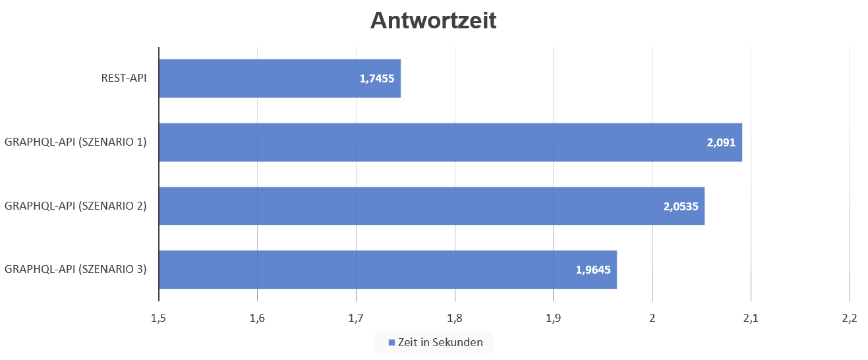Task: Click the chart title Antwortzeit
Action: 433,20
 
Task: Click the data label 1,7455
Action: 377,78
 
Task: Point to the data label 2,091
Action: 720,142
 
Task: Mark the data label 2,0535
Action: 680,206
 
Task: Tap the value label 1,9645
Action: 593,270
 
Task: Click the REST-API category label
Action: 124,78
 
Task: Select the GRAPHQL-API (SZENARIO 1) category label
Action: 75,142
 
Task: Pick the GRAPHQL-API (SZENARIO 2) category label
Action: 75,206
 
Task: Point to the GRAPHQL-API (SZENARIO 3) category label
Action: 75,269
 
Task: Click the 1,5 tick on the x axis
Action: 158,318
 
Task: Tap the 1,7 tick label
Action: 356,318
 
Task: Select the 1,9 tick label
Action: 553,318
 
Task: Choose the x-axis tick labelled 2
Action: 652,318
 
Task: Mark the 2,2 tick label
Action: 849,318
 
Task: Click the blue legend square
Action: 391,343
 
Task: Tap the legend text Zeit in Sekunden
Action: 440,343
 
